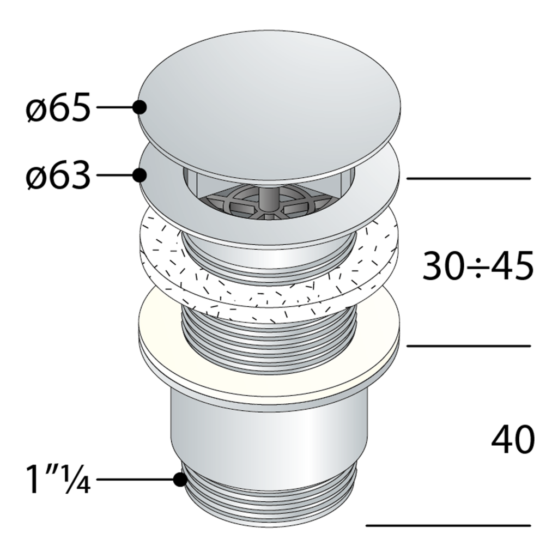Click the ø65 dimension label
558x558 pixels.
pyautogui.click(x=58, y=107)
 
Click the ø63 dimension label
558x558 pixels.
pyautogui.click(x=58, y=175)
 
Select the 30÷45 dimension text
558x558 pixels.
pyautogui.click(x=478, y=265)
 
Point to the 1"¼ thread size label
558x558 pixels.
pyautogui.click(x=58, y=479)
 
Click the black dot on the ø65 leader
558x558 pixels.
pyautogui.click(x=139, y=107)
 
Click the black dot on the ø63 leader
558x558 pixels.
pyautogui.click(x=139, y=175)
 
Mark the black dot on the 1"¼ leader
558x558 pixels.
pyautogui.click(x=180, y=480)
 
